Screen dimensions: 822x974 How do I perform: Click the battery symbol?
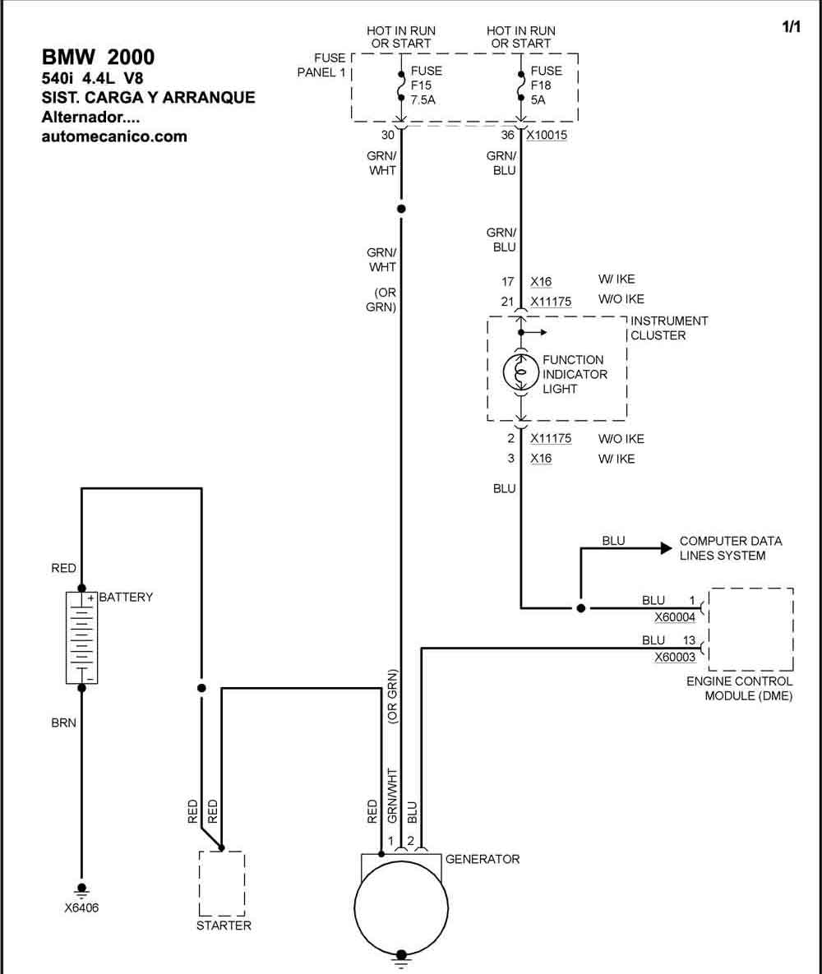pos(81,637)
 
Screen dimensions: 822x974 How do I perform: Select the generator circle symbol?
pos(401,907)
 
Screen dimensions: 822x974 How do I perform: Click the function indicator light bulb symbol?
pos(520,372)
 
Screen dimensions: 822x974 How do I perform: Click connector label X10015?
pos(547,135)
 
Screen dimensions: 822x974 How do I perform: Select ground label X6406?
pos(81,907)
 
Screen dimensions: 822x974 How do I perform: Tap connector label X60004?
pos(675,617)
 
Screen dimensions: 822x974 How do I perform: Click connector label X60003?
pos(675,658)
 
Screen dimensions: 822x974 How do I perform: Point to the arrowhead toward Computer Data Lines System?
pos(666,548)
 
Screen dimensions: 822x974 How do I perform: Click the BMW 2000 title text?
pos(98,58)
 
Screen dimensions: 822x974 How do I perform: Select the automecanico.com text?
pos(114,136)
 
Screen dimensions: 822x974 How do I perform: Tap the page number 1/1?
pos(791,26)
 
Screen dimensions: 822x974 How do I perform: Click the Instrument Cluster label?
pos(669,328)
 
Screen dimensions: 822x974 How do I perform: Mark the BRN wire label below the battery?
pos(63,723)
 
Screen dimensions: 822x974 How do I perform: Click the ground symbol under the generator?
pos(401,960)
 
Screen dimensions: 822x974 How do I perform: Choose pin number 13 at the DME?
pos(689,639)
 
